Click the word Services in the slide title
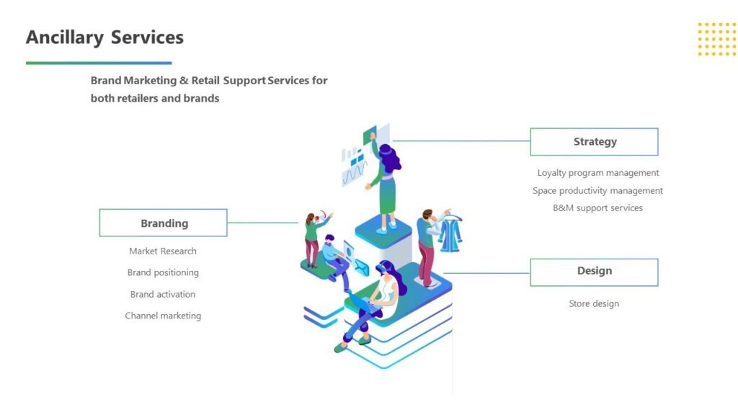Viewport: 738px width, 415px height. coord(147,37)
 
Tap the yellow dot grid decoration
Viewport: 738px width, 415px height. coord(716,39)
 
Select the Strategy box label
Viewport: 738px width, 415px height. coord(595,142)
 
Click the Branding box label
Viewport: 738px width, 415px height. coord(164,223)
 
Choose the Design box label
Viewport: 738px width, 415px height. coord(594,272)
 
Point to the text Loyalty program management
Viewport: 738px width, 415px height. coord(597,173)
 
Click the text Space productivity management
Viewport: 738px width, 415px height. coord(597,191)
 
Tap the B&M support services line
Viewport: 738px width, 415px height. coord(597,208)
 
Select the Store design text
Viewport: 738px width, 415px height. coord(594,304)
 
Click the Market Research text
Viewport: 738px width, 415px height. coord(163,251)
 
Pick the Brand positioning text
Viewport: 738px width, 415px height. coord(163,273)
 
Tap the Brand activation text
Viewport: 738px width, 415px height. coord(163,295)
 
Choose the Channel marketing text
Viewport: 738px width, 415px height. coord(163,316)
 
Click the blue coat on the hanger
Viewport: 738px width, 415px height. coord(451,232)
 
